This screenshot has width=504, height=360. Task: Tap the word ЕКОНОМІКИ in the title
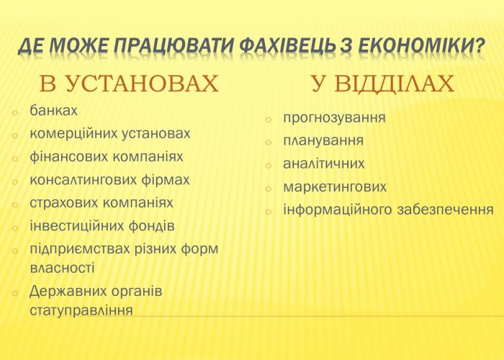tap(421, 45)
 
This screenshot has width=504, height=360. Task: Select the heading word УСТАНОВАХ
tap(142, 84)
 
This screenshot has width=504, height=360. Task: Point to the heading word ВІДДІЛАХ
tap(394, 84)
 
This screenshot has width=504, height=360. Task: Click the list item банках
tap(53, 110)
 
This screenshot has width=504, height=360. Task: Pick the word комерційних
tap(73, 134)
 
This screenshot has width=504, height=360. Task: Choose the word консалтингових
tap(83, 180)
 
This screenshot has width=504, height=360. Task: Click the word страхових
tap(63, 203)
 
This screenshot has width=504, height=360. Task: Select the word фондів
tap(151, 225)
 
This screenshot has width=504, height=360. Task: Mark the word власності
tap(62, 268)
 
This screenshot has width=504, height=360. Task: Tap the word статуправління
tap(81, 311)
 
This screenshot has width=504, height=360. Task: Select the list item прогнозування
tap(334, 118)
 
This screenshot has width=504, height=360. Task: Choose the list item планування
tap(323, 141)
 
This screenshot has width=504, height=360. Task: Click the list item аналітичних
tap(324, 163)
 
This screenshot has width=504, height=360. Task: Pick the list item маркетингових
tap(335, 187)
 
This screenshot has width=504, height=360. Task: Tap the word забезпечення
tap(446, 210)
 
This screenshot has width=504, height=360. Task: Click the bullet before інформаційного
tap(269, 212)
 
